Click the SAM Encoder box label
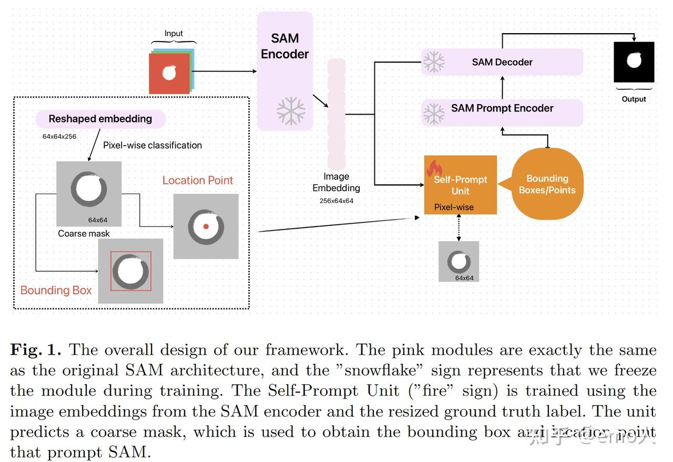click(284, 46)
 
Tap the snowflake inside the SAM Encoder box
click(291, 111)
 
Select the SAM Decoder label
click(502, 62)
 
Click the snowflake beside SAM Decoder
click(434, 62)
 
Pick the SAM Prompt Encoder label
click(502, 108)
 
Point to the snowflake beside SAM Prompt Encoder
click(434, 114)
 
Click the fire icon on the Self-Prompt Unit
click(434, 168)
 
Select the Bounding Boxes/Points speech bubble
click(547, 184)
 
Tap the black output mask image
click(634, 62)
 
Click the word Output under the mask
click(634, 99)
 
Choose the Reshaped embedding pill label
click(100, 119)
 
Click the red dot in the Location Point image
click(206, 226)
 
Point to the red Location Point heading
click(197, 180)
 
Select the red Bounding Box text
click(56, 290)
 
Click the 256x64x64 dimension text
click(336, 201)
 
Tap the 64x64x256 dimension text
click(59, 136)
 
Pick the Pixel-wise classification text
click(152, 145)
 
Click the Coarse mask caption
click(84, 233)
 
